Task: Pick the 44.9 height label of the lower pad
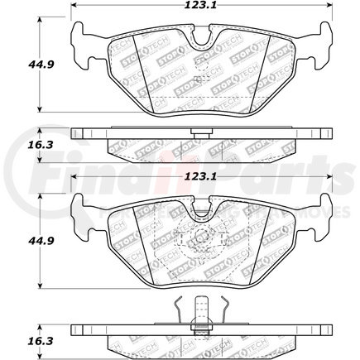17,242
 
